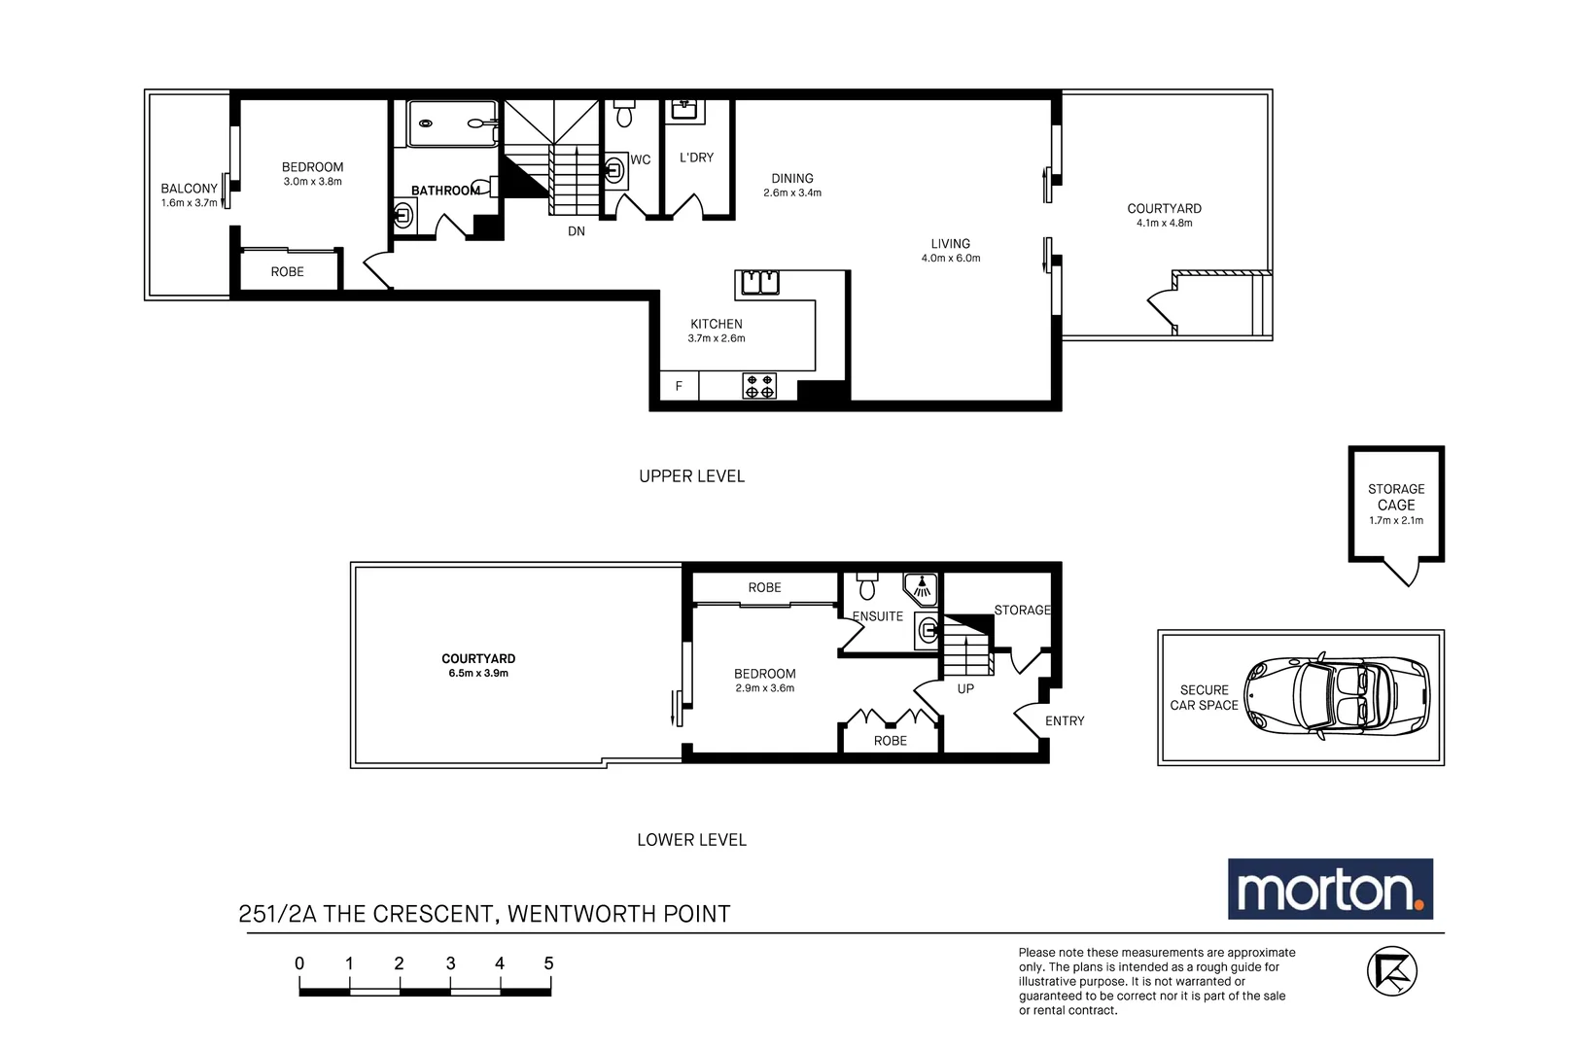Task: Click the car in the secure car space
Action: point(1338,697)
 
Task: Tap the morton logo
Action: point(1329,889)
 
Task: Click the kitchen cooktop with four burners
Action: point(759,386)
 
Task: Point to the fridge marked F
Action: point(679,386)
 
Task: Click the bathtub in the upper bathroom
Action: point(452,123)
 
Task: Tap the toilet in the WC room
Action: point(624,114)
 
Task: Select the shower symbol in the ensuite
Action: point(921,586)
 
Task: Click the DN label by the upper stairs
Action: point(577,231)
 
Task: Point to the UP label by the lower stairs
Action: point(965,688)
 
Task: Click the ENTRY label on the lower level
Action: point(1065,720)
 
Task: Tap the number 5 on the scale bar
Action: point(548,963)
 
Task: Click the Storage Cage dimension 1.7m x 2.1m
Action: point(1396,520)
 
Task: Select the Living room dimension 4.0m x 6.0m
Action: point(951,259)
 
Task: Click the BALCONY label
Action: point(190,189)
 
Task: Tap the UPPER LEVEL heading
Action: point(691,476)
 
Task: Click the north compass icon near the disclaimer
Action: point(1391,970)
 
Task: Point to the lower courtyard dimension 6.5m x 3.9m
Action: point(478,673)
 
